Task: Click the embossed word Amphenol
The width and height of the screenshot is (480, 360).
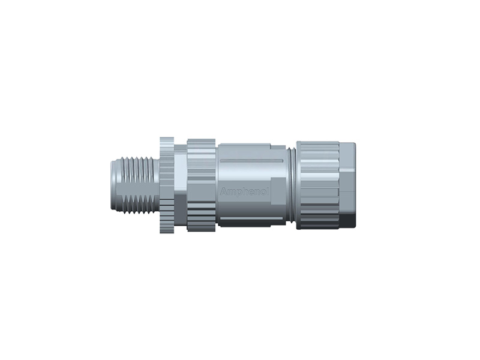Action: (x=245, y=191)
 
